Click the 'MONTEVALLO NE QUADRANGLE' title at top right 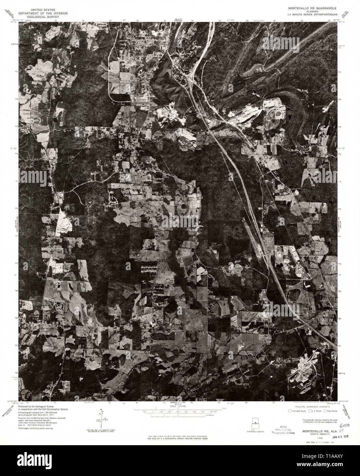[x=312, y=7]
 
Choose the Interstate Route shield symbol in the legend [x=290, y=411]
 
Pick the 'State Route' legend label [x=331, y=411]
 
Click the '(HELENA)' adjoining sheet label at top [x=177, y=21]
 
